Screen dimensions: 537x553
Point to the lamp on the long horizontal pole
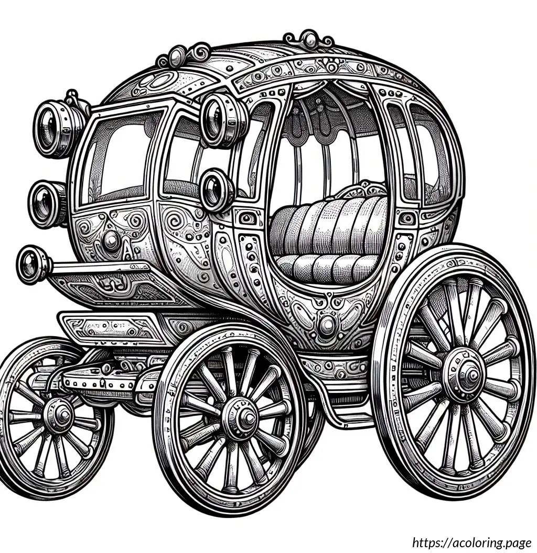[x=33, y=264]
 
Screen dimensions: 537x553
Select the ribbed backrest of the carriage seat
[x=329, y=226]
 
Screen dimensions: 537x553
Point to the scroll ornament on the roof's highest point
[x=310, y=39]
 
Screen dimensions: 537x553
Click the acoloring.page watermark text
[x=472, y=543]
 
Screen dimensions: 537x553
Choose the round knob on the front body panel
[x=111, y=240]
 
